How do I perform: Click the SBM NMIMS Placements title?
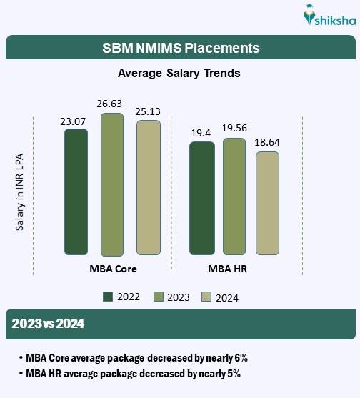[x=179, y=49]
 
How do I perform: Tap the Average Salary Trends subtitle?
[x=179, y=73]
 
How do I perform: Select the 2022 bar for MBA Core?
[x=76, y=191]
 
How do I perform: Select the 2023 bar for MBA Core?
[x=112, y=184]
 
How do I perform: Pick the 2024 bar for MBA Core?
[x=149, y=187]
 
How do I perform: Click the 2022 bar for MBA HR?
[x=201, y=198]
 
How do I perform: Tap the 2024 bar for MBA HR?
[x=267, y=202]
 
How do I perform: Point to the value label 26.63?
[x=112, y=104]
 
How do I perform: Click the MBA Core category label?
[x=112, y=269]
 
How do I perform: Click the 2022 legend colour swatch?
[x=109, y=297]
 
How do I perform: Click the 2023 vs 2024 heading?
[x=48, y=324]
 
